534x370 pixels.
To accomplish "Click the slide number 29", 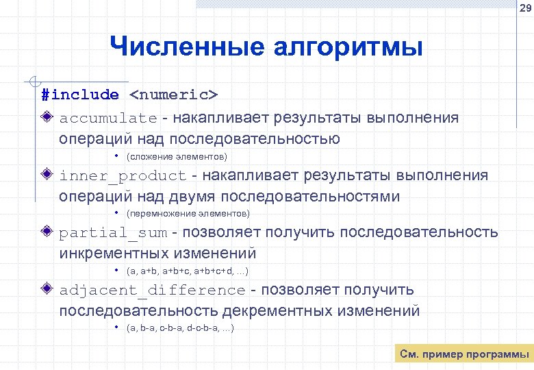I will [524, 8].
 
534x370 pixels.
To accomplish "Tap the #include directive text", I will [79, 94].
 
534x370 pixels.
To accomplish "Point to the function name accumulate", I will [108, 118].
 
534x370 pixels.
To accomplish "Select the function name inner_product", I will [123, 175].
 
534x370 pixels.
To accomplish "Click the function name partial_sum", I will [113, 232].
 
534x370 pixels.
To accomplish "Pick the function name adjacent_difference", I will [152, 290].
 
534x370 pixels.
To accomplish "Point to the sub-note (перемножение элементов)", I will [188, 214].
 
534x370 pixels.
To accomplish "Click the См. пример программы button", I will [464, 354].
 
